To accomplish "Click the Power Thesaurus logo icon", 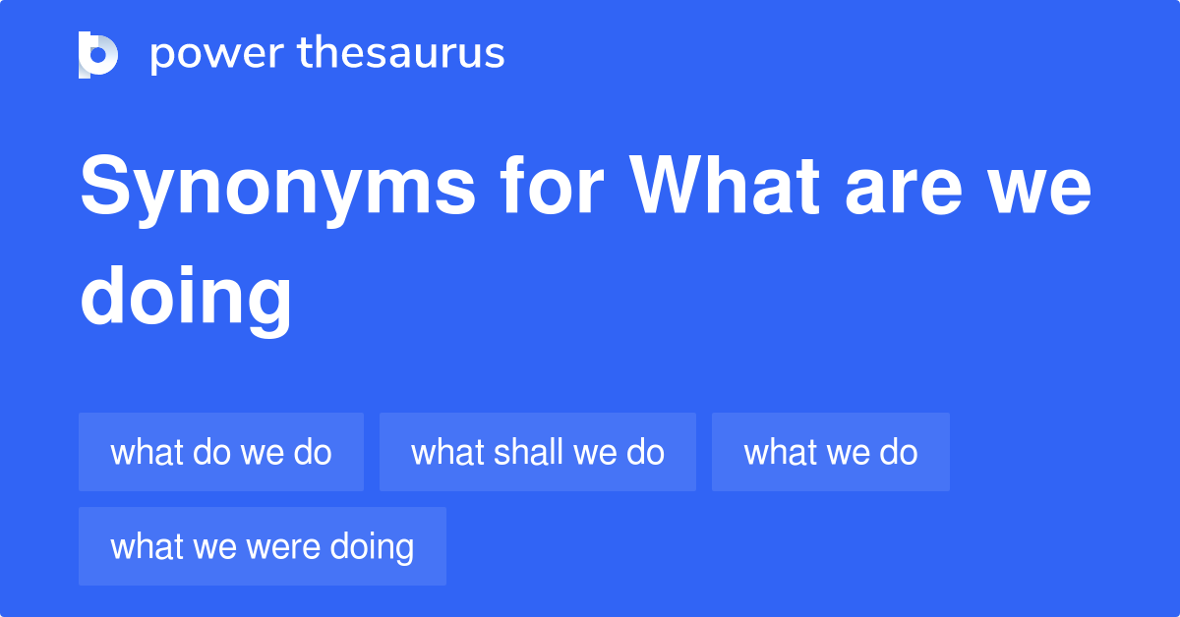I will point(98,54).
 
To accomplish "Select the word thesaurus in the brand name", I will point(402,54).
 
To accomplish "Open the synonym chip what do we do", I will point(221,452).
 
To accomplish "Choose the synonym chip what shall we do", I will point(538,452).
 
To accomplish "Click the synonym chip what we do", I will point(831,452).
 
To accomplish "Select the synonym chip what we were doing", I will point(263,546).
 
